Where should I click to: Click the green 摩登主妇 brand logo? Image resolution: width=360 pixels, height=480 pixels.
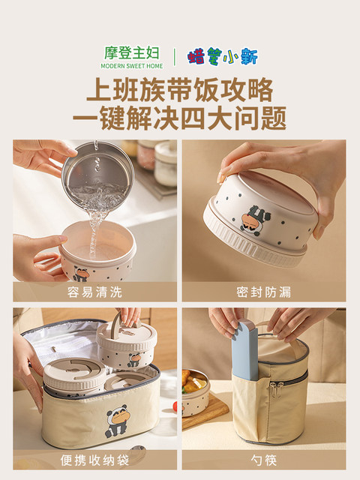click(132, 53)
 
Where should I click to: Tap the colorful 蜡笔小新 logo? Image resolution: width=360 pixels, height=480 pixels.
click(223, 56)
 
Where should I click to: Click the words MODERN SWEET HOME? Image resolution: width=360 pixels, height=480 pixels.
click(132, 66)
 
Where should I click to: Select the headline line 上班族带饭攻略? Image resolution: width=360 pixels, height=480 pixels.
click(180, 90)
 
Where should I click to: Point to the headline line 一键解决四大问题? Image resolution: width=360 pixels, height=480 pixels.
click(180, 118)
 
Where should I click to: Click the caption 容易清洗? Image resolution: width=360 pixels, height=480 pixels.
click(95, 292)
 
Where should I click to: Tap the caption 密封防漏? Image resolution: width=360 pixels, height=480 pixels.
click(263, 292)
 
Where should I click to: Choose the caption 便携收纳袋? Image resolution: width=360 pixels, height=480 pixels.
click(95, 460)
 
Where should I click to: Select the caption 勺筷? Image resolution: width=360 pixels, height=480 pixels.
click(263, 460)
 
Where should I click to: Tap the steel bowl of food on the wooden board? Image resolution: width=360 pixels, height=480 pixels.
click(196, 392)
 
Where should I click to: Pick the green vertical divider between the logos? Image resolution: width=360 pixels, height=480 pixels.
click(175, 57)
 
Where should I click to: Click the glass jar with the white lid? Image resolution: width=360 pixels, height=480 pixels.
click(165, 163)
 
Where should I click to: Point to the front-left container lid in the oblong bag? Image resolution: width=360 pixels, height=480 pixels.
click(74, 376)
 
